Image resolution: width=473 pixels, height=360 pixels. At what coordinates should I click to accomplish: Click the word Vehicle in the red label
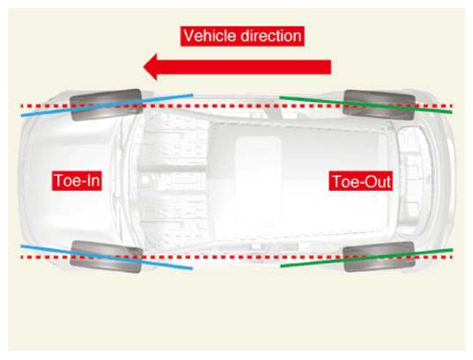(210, 36)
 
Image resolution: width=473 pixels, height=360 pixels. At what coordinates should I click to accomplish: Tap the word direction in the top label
(270, 36)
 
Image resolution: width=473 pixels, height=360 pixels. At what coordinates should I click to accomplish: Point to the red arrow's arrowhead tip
(144, 67)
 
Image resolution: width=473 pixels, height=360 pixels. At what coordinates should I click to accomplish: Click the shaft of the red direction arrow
(244, 67)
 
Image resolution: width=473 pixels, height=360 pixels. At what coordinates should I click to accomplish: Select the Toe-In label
(77, 180)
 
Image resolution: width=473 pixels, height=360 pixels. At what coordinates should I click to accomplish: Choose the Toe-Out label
(360, 181)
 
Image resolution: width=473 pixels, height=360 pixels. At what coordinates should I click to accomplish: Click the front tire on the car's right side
(106, 105)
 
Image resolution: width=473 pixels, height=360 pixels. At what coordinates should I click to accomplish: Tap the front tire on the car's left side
(106, 257)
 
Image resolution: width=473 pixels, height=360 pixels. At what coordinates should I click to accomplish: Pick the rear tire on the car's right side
(379, 105)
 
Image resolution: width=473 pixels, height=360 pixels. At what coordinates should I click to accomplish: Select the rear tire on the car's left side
(379, 257)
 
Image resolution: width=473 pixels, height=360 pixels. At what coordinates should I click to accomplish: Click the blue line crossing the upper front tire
(107, 105)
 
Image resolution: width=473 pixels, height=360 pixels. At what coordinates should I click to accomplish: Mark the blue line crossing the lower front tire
(107, 257)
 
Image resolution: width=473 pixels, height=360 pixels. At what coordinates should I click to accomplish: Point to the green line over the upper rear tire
(366, 105)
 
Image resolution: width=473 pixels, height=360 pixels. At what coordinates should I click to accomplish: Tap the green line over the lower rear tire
(366, 258)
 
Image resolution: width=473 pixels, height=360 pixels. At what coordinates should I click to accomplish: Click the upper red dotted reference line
(236, 107)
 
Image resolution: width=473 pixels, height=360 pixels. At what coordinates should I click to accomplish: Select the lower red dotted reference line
(236, 257)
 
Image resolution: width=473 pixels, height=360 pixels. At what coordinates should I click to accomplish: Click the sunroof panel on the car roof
(258, 180)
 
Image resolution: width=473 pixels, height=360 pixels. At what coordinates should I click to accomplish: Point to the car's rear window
(410, 181)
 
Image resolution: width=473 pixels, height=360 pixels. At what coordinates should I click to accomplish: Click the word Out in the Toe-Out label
(378, 181)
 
